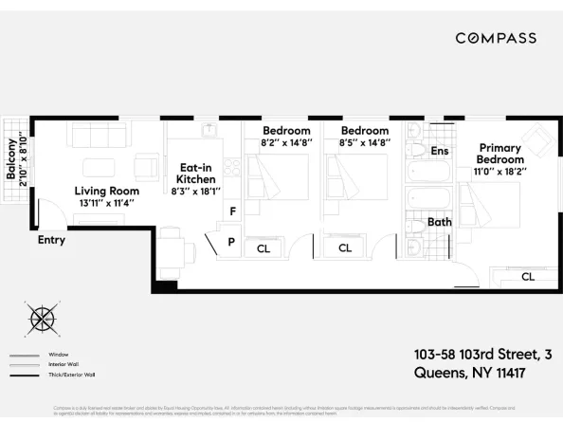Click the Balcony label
11,158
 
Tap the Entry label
51,240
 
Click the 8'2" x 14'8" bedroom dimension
286,143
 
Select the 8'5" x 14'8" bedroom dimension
365,143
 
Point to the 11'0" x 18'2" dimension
500,172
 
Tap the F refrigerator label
231,210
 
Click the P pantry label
230,241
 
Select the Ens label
440,151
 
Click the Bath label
440,222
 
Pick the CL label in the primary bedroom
527,277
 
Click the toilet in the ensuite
415,149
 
